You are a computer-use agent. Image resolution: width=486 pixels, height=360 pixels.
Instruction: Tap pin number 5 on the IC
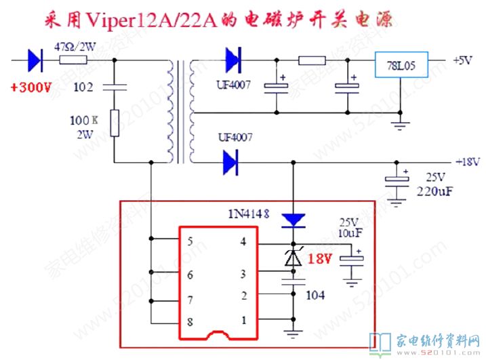[x=190, y=241]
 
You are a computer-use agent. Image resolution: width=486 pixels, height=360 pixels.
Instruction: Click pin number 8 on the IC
[x=190, y=322]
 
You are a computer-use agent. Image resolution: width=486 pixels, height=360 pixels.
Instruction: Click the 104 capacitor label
[x=317, y=295]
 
